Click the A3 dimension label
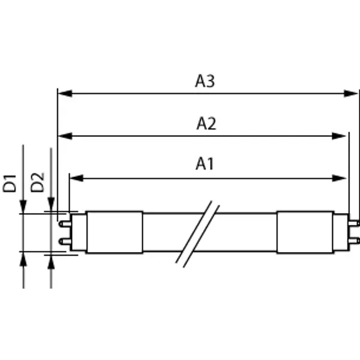205,81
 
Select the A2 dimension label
206,124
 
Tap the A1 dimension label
205,164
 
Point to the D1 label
10,183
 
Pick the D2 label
37,182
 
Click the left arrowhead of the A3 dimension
65,94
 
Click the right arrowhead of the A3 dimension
351,94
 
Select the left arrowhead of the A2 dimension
65,136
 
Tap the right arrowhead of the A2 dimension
339,136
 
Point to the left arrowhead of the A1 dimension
76,178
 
